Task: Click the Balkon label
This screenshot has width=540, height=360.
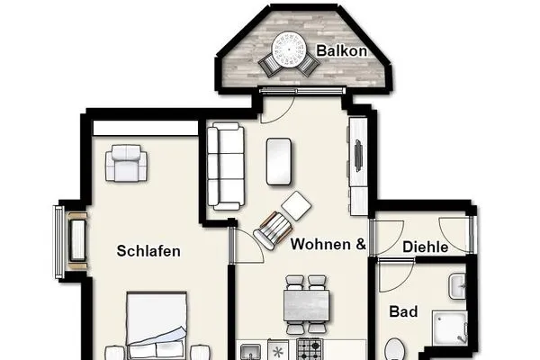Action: coord(342,51)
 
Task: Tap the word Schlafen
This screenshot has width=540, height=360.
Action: coord(148,252)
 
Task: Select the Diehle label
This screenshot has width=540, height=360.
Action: coord(426,246)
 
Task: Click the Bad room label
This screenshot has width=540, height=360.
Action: coord(403,312)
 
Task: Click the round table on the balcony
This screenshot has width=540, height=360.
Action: coord(290,47)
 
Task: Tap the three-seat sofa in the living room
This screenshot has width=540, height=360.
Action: coord(225,166)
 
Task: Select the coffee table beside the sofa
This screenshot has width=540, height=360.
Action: coord(279,161)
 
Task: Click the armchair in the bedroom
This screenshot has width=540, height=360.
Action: coord(126,164)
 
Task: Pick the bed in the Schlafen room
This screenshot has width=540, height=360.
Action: coord(156,328)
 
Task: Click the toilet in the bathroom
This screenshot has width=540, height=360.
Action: coord(395,349)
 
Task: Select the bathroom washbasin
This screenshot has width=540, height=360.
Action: coord(457,287)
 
